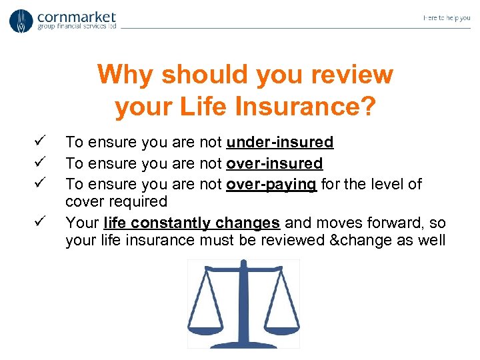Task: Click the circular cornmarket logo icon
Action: [21, 21]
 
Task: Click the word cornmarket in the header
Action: [77, 16]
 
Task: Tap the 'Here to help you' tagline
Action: [446, 18]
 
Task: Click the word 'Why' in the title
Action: [125, 75]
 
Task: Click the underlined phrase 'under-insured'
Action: [280, 142]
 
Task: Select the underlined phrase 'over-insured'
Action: [274, 163]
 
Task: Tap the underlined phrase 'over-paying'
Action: [271, 183]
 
